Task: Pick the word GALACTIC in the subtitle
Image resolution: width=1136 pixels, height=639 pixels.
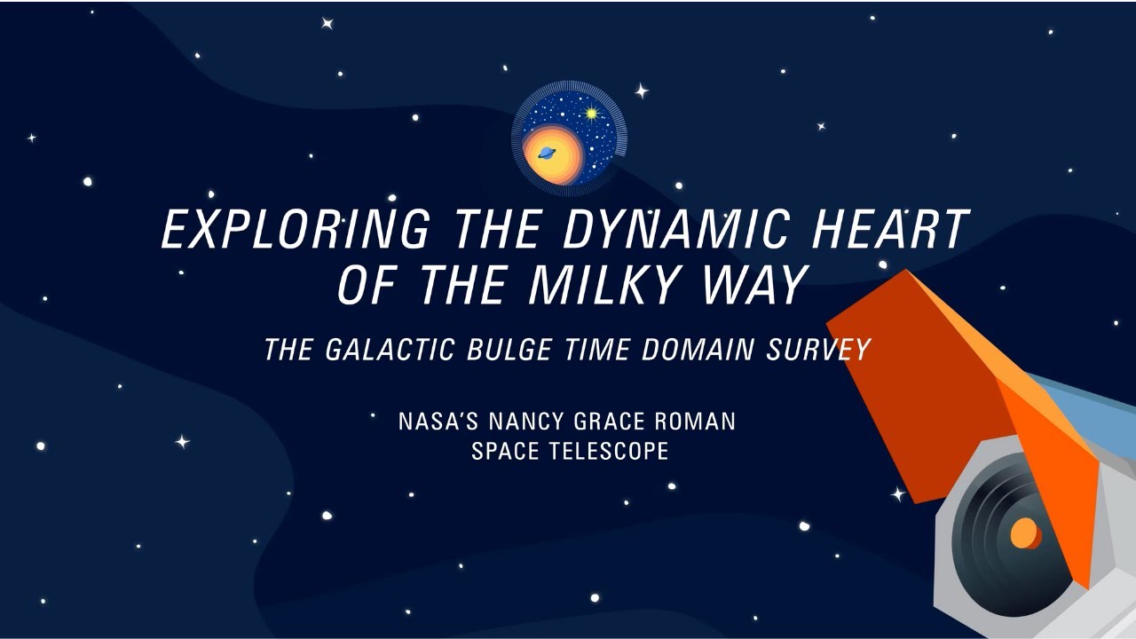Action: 391,350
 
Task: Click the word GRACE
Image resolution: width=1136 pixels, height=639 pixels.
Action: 612,421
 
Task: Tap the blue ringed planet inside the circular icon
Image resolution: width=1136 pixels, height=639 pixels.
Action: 546,153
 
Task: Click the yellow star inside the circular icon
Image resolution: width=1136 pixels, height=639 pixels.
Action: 591,114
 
